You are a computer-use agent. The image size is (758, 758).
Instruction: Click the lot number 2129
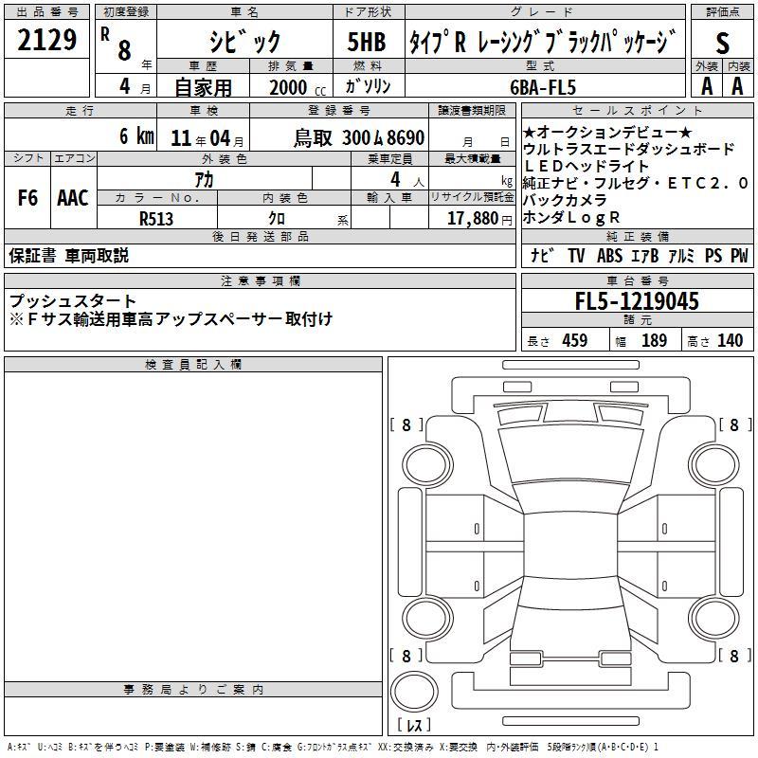[x=46, y=40]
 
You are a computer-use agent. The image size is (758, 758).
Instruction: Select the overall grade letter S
[x=722, y=43]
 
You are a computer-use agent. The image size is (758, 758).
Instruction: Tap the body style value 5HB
[x=367, y=42]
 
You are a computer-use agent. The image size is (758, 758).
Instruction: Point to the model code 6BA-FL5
[x=543, y=87]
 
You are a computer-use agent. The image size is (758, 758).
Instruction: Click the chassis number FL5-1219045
[x=637, y=301]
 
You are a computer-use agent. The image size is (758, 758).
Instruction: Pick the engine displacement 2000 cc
[x=298, y=88]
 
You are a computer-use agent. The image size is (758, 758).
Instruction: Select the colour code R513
[x=156, y=219]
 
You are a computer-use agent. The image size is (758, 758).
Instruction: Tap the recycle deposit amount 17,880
[x=473, y=219]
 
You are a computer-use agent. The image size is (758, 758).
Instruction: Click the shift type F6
[x=27, y=198]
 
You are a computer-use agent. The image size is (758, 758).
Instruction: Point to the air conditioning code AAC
[x=73, y=198]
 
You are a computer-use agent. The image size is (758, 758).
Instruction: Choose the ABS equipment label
[x=609, y=256]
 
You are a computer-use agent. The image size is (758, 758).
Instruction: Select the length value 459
[x=575, y=340]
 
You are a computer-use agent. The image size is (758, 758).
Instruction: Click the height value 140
[x=730, y=340]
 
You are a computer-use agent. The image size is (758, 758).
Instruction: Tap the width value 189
[x=654, y=340]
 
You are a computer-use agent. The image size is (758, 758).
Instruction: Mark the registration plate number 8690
[x=406, y=138]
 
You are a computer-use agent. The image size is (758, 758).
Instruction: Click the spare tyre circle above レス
[x=414, y=691]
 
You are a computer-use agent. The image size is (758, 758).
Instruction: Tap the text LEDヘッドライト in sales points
[x=586, y=167]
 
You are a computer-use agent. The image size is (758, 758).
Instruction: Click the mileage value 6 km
[x=136, y=136]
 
